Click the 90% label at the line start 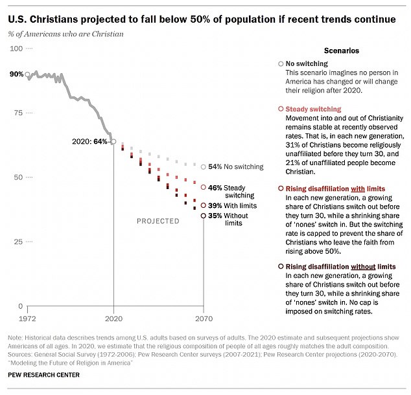(16, 74)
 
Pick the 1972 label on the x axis (27, 319)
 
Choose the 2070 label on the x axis (204, 319)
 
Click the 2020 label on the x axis (114, 319)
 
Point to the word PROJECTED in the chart (158, 221)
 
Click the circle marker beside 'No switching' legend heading (280, 64)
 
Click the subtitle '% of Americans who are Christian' (66, 34)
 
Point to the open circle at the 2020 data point (114, 141)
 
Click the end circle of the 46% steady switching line (204, 188)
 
